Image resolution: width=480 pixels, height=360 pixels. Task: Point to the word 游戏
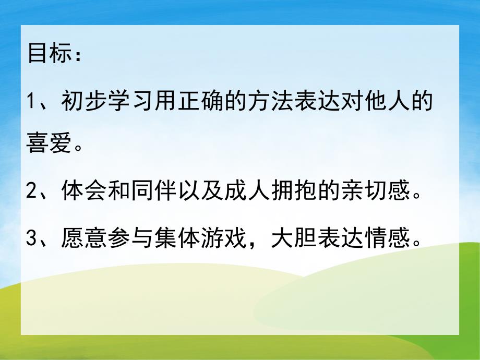222,239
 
